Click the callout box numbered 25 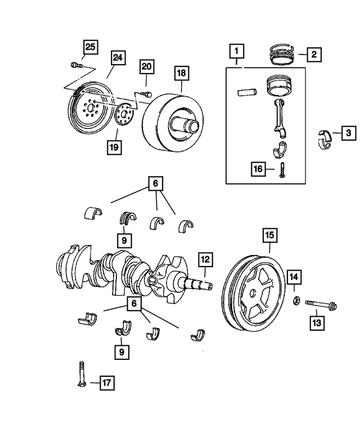[91, 47]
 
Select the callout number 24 [118, 58]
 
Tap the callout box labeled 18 [182, 73]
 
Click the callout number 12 [205, 259]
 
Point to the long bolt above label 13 [321, 305]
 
